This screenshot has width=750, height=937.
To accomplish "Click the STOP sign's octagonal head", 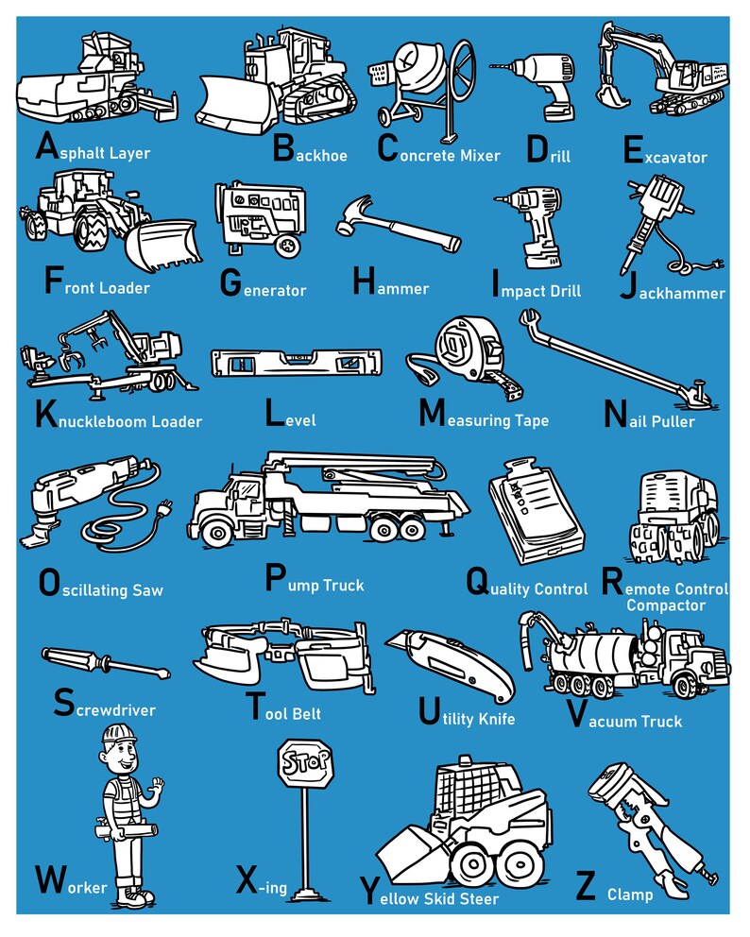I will point(304,762).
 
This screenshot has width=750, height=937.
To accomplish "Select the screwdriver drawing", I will point(105,663).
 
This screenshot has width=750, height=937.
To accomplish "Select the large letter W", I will point(50,879).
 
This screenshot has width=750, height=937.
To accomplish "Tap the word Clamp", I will point(629,894).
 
